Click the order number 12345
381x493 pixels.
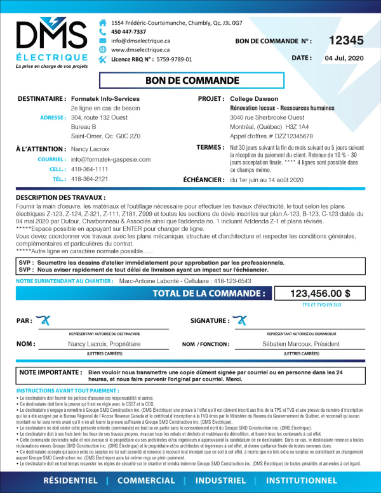346,41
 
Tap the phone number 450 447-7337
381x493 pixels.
128,32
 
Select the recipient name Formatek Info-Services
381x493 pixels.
105,100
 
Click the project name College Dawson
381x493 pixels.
254,100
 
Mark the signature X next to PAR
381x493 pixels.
44,320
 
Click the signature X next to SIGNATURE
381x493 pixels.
240,320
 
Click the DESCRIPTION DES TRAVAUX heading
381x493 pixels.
59,198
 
